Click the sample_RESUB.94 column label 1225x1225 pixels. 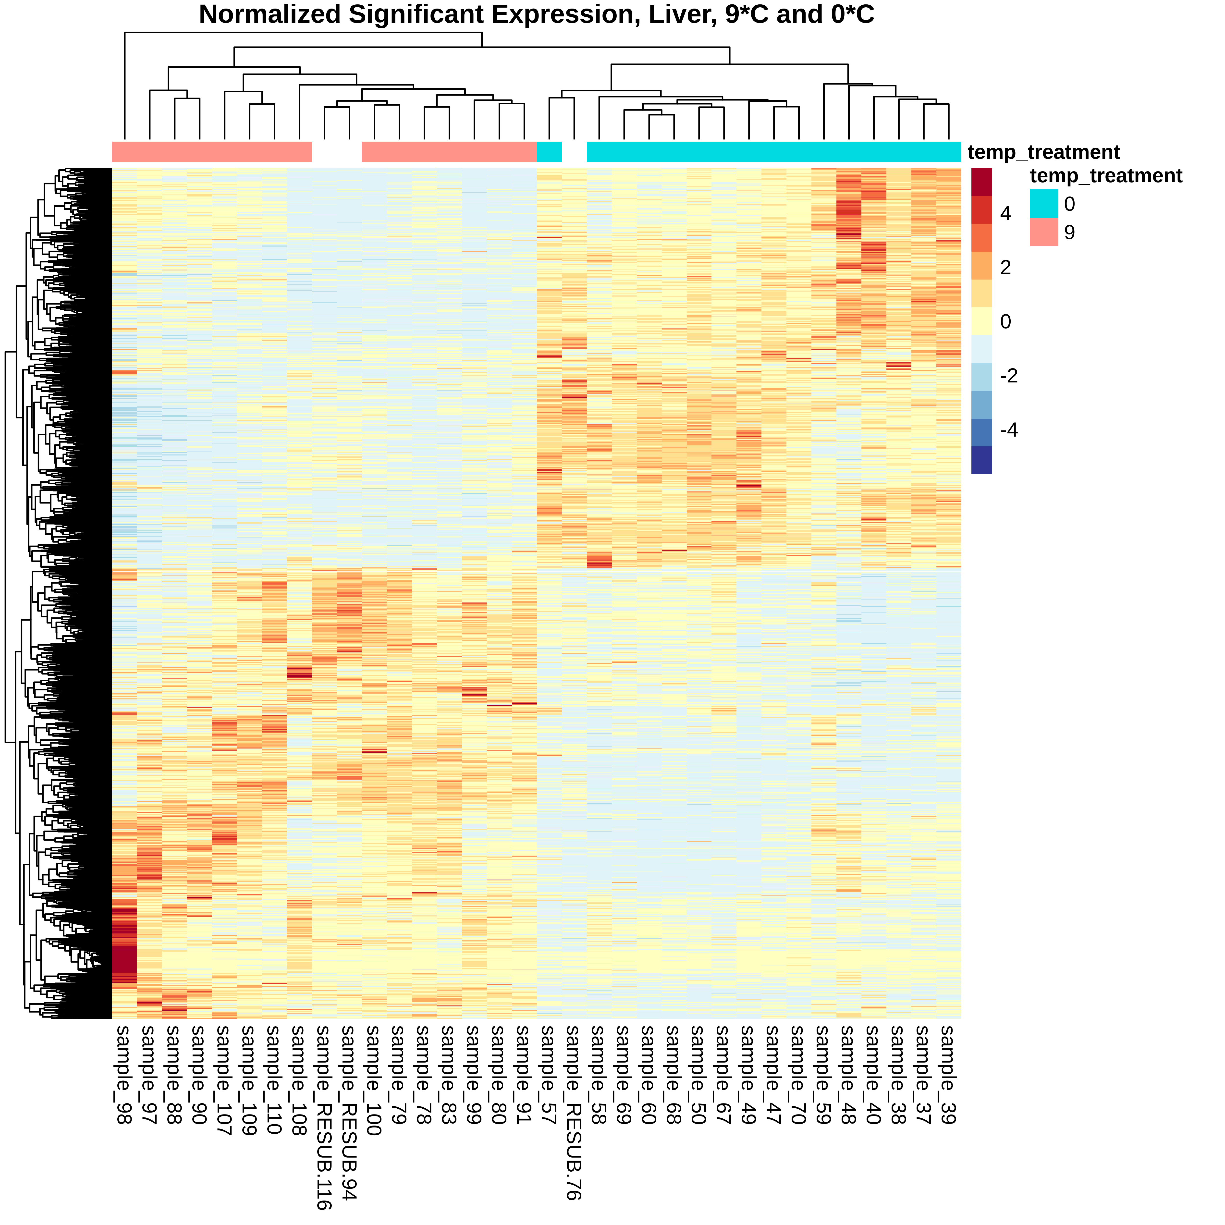click(x=349, y=1113)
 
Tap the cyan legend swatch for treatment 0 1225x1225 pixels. click(x=1044, y=204)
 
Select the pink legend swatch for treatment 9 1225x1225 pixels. click(x=1044, y=232)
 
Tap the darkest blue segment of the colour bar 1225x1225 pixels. click(x=981, y=460)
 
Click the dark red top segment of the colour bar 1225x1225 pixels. click(x=981, y=182)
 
